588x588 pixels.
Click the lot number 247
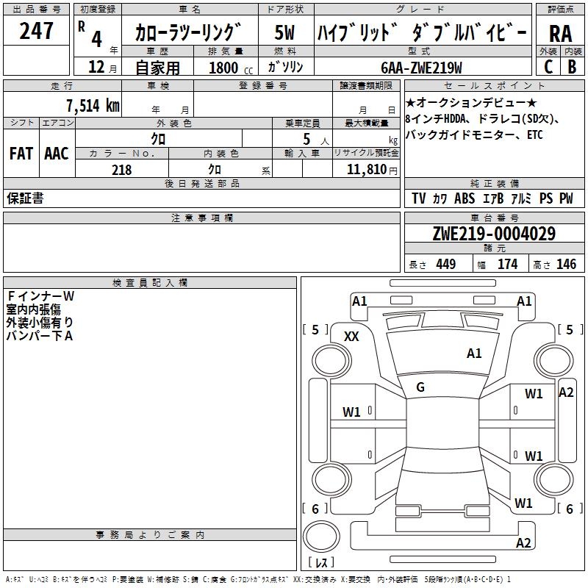(37, 31)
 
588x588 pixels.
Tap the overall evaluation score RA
(560, 33)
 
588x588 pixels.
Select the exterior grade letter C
(548, 66)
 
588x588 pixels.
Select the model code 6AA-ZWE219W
(421, 68)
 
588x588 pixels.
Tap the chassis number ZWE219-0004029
(493, 234)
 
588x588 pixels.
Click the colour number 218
(122, 170)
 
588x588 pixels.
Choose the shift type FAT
(21, 154)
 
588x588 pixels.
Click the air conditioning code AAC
(57, 154)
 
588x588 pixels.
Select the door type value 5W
(284, 33)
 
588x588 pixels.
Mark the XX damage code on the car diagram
(351, 336)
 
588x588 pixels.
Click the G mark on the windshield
(420, 387)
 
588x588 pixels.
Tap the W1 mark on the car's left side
(352, 412)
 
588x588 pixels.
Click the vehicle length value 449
(445, 264)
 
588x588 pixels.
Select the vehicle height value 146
(566, 264)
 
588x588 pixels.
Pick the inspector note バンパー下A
(40, 336)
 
